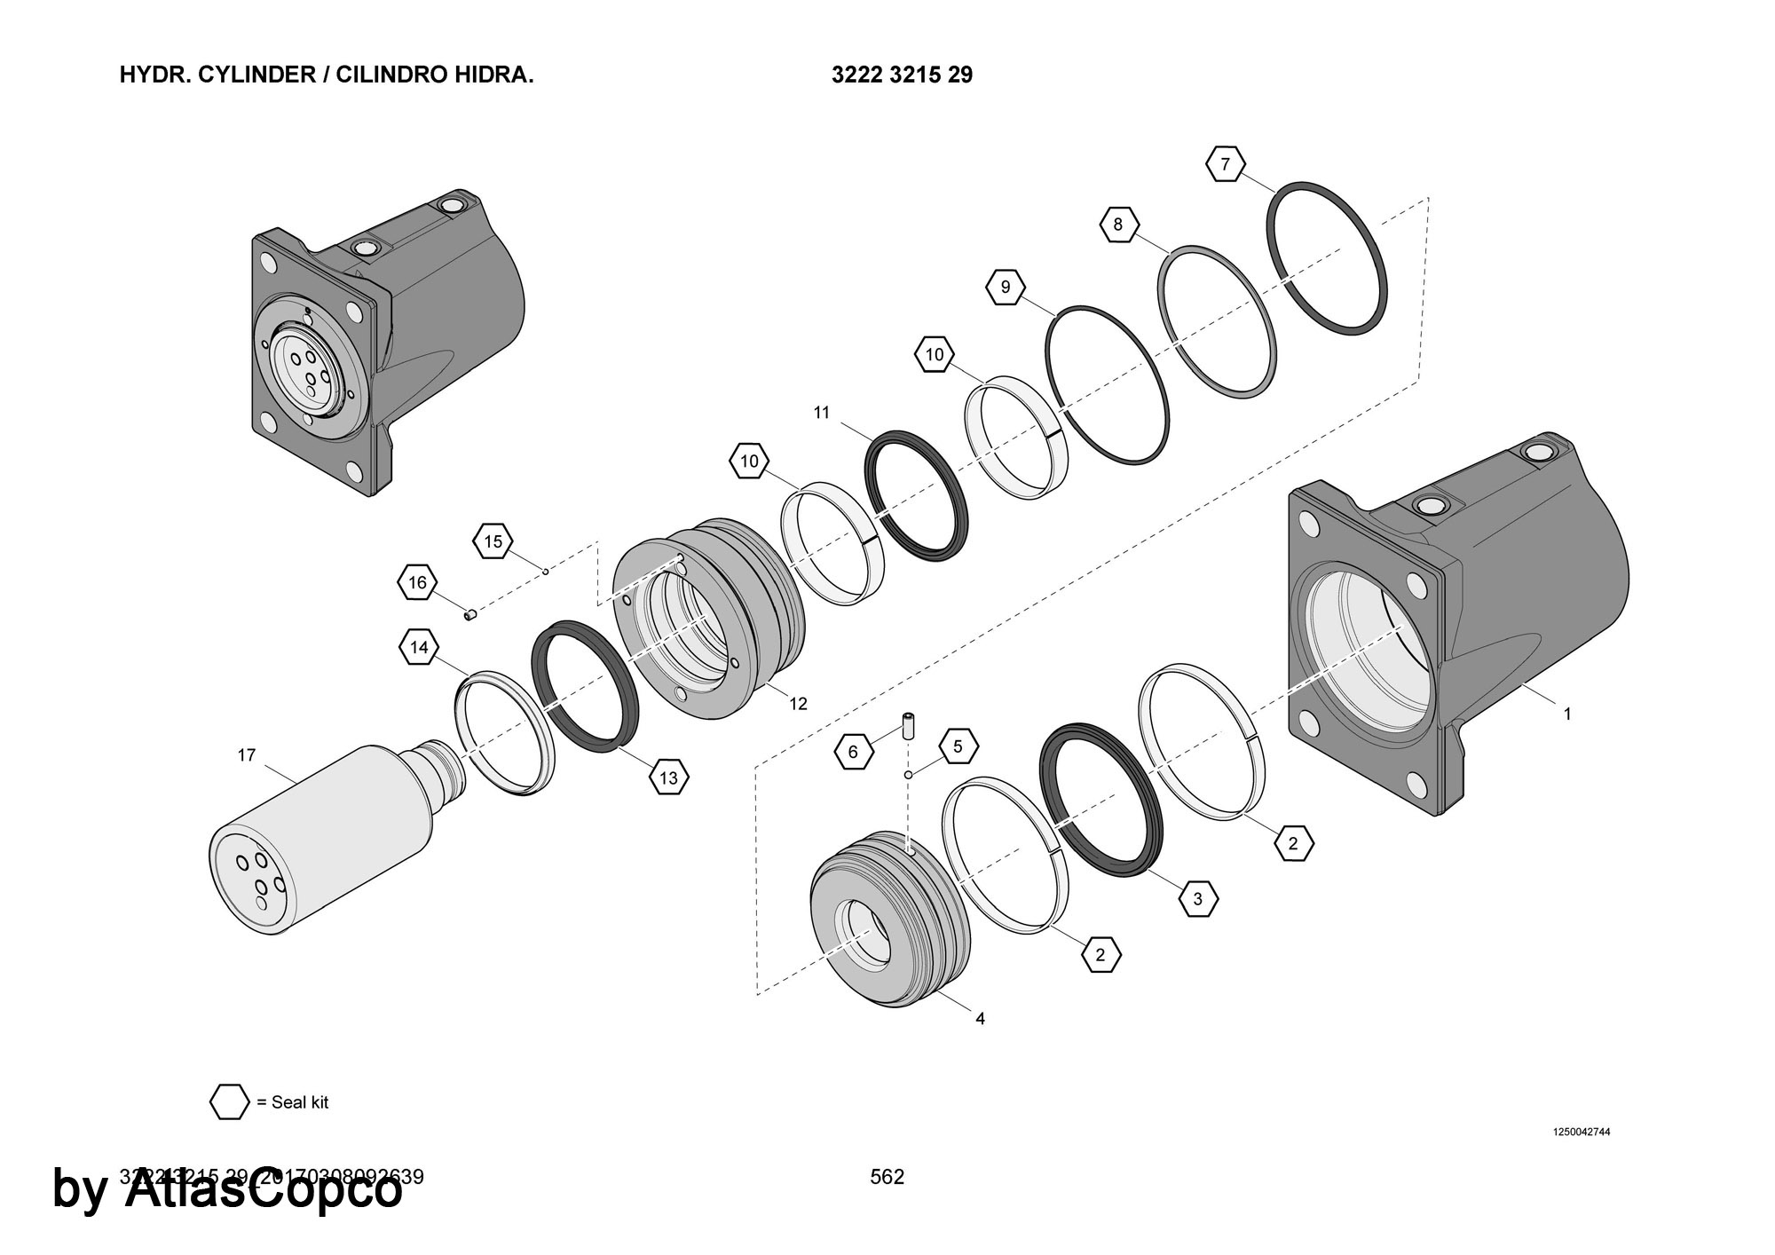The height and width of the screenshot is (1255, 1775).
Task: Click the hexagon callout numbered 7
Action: point(1226,164)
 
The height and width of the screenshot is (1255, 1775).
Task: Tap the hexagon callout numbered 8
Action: point(1118,225)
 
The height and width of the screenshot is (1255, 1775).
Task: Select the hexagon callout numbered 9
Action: point(1005,287)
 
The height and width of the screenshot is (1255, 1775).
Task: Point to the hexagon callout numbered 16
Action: point(417,582)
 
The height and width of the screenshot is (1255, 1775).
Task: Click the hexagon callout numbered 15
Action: point(493,541)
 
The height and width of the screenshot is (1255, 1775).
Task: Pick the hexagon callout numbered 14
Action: point(419,648)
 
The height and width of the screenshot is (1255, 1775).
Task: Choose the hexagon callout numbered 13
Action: point(668,778)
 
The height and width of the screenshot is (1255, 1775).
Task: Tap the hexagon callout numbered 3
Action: point(1197,899)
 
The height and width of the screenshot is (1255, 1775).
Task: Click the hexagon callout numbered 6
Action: point(854,753)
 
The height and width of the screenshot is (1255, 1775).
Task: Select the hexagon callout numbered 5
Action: point(958,746)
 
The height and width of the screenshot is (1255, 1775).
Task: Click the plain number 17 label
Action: point(247,755)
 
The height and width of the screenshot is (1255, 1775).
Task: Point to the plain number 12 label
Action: point(799,704)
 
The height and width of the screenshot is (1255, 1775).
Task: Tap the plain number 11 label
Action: point(822,412)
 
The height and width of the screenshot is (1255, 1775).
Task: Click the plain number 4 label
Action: point(980,1019)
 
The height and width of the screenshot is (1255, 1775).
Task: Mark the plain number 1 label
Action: point(1567,714)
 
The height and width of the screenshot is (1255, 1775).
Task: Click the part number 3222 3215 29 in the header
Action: point(902,75)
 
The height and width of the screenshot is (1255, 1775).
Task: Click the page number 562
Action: point(887,1177)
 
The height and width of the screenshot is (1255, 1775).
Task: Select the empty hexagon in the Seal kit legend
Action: point(229,1102)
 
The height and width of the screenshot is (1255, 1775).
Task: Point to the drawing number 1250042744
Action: point(1581,1132)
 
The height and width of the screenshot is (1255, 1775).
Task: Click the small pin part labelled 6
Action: point(909,726)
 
